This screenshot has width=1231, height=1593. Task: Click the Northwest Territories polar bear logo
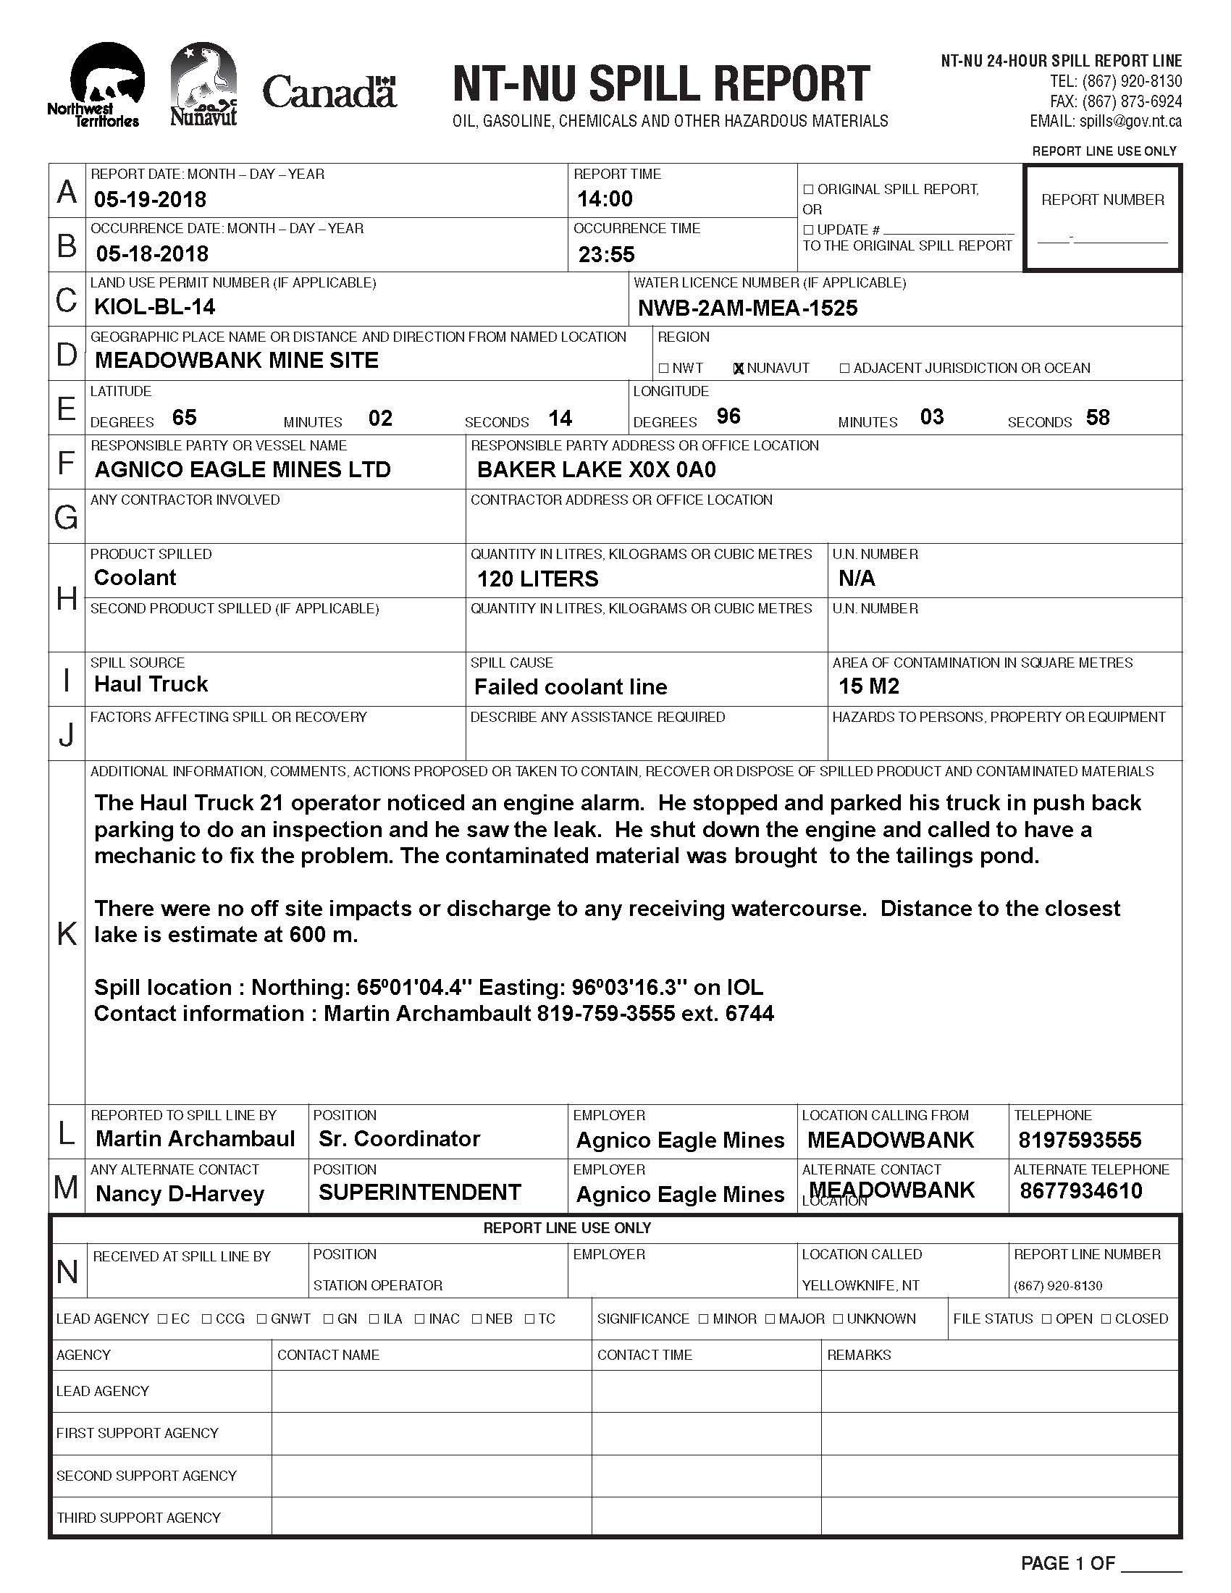(102, 84)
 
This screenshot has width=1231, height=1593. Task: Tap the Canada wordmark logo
(329, 93)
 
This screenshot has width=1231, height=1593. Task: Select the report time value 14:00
(605, 198)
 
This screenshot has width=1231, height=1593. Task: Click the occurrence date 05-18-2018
(151, 254)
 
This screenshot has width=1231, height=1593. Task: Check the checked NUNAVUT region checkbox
(738, 369)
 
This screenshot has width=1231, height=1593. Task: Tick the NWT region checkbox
(663, 369)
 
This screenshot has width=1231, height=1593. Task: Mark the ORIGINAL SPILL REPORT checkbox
(808, 190)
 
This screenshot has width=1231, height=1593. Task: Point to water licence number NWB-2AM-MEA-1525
(747, 308)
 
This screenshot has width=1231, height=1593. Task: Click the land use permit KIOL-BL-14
(155, 306)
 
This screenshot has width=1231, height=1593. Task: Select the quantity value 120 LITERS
(537, 579)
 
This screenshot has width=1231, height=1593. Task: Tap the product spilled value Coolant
(135, 578)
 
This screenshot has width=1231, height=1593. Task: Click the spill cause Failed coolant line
(571, 687)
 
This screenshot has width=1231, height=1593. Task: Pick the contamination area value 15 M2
(868, 686)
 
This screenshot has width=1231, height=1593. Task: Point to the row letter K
(67, 933)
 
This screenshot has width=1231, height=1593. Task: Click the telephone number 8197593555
(1080, 1140)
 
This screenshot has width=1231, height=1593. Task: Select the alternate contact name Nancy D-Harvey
(180, 1194)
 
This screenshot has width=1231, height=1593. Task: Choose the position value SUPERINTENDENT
(419, 1193)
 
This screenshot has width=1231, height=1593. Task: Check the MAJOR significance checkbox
(770, 1319)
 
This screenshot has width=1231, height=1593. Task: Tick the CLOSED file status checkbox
(1106, 1319)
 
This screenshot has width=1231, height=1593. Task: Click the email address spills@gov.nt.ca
(1130, 122)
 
